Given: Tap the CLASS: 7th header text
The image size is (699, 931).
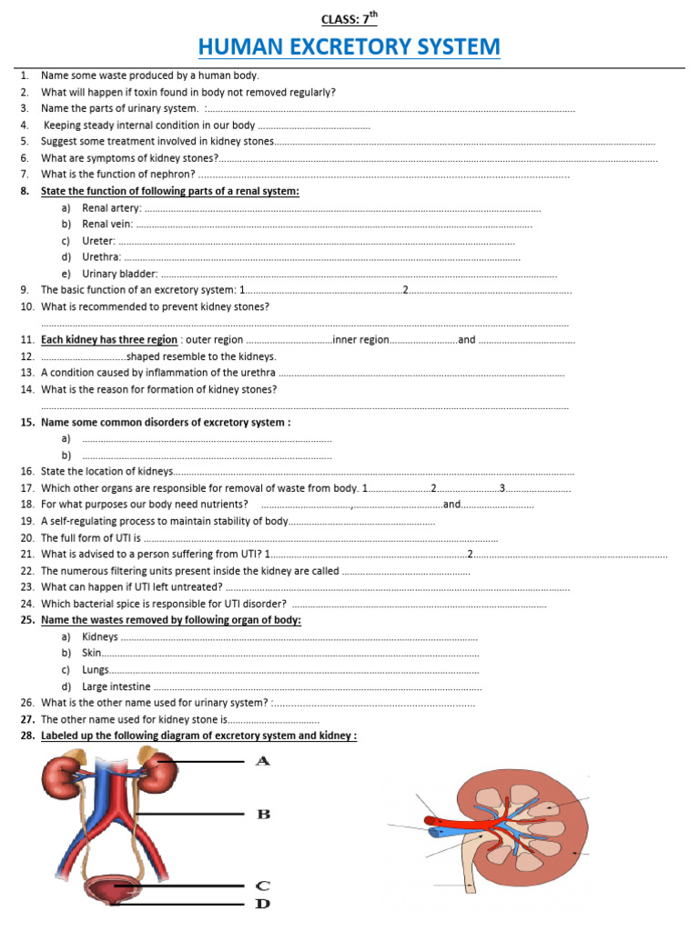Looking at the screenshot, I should click(349, 18).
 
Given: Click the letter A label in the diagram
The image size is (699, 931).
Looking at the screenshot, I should click(263, 760).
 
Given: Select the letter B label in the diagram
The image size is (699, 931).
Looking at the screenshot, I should click(263, 814).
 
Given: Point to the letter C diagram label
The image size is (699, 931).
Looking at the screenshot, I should click(263, 885).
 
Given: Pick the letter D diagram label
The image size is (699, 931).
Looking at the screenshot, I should click(263, 904).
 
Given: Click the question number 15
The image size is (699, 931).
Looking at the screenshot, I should click(26, 423).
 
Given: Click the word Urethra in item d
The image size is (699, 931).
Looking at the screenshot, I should click(100, 257).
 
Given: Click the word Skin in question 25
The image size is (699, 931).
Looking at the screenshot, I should click(91, 654).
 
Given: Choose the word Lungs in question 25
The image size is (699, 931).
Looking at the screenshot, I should click(96, 670).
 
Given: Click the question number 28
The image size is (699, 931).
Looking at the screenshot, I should click(26, 736).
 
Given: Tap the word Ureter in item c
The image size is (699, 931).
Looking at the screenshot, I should click(98, 241).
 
